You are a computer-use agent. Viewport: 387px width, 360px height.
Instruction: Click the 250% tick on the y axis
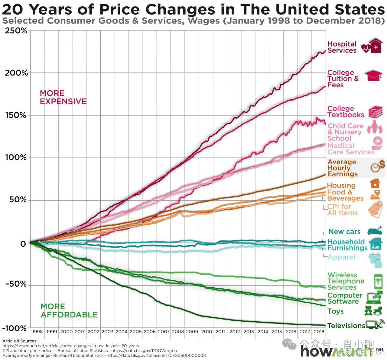click(x=16, y=31)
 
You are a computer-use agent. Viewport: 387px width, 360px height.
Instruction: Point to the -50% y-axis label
click(x=16, y=284)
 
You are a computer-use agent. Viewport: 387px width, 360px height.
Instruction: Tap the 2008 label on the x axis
click(x=178, y=332)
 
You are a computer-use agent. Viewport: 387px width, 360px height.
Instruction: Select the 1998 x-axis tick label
click(x=37, y=332)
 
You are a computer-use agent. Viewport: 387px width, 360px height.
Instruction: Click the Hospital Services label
click(x=342, y=47)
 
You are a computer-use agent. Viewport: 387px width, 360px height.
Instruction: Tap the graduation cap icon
click(x=373, y=76)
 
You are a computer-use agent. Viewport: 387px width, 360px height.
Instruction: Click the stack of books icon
click(x=375, y=112)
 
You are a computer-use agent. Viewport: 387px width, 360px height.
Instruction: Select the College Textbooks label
click(x=346, y=112)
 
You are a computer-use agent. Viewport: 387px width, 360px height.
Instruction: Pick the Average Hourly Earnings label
click(x=342, y=168)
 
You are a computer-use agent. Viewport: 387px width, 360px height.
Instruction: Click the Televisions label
click(x=346, y=326)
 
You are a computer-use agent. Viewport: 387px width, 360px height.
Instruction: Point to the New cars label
click(x=344, y=232)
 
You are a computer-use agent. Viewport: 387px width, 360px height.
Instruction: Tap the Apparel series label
click(x=341, y=257)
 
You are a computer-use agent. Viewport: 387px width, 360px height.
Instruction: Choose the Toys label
click(x=335, y=311)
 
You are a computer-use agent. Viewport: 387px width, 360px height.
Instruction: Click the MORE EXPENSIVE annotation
click(x=63, y=97)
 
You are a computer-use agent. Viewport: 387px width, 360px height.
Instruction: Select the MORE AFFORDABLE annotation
click(x=69, y=311)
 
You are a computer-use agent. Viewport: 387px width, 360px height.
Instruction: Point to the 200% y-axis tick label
click(x=16, y=73)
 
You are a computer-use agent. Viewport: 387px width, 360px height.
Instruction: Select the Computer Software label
click(x=345, y=298)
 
